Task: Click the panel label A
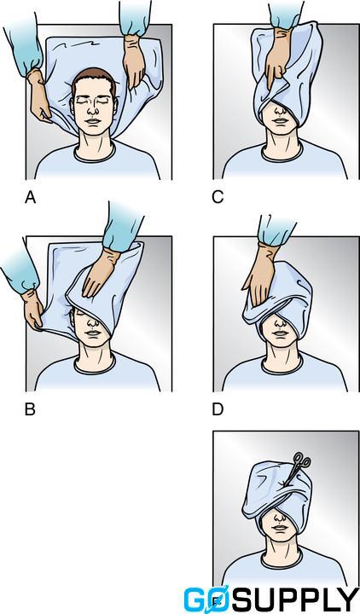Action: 30,198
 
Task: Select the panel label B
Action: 30,410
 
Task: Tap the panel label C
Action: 218,198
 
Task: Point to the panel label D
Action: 218,410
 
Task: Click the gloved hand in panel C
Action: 275,77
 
